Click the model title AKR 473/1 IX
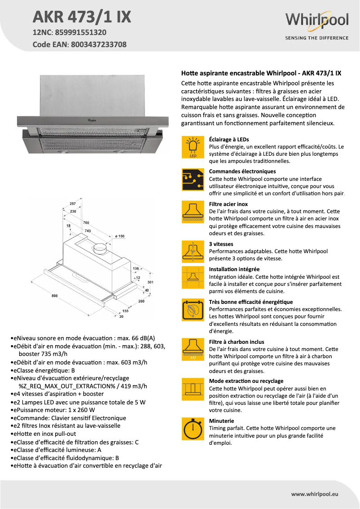82,17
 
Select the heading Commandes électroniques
242,171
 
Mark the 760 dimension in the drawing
86,223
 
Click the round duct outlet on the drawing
100,247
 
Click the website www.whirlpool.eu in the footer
314,494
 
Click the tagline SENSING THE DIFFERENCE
316,38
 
